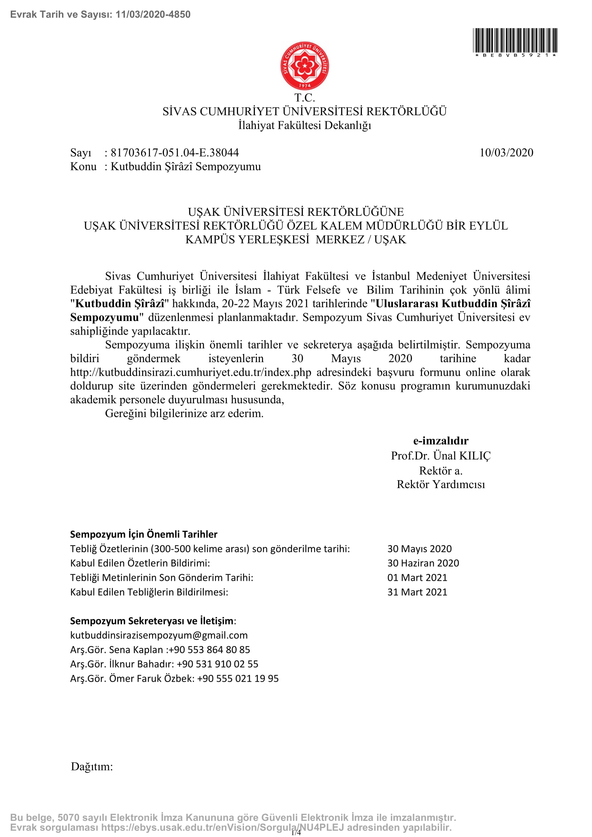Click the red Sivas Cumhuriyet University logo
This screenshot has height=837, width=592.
click(x=304, y=65)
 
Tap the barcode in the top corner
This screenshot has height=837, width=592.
click(x=515, y=41)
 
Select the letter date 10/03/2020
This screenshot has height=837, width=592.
click(x=506, y=152)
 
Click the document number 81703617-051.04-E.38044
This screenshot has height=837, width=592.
click(x=175, y=152)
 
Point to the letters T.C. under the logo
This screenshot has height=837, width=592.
click(x=304, y=98)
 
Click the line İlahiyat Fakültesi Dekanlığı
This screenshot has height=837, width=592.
click(x=304, y=125)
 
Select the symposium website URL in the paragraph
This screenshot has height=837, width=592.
click(x=191, y=372)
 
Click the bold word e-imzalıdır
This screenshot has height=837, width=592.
click(x=440, y=441)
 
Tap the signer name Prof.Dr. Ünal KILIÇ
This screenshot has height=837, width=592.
click(x=440, y=456)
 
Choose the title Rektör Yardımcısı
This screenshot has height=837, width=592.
click(x=440, y=485)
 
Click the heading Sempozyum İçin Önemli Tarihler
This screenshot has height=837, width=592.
click(x=144, y=534)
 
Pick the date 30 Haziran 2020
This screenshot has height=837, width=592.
click(x=423, y=563)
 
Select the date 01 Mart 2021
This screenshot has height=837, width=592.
click(x=417, y=578)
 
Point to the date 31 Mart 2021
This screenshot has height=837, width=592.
click(x=417, y=592)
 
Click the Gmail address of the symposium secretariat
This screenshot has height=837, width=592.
click(x=159, y=636)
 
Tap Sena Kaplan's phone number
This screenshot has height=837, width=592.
click(x=209, y=649)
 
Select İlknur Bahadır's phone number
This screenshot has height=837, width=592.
click(x=218, y=664)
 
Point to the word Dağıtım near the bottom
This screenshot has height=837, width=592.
click(x=92, y=767)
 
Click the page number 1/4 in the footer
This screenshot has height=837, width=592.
click(x=296, y=832)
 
